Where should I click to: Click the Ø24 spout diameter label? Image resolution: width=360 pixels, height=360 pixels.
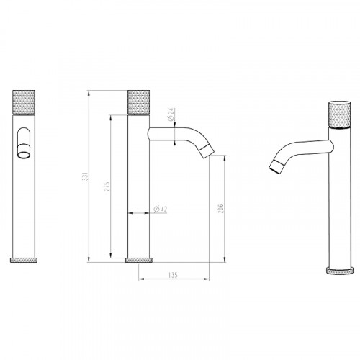pyautogui.click(x=171, y=114)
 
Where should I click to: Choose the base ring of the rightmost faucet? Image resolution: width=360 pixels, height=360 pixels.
pyautogui.click(x=336, y=271)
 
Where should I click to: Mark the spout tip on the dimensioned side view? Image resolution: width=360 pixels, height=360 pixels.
pyautogui.click(x=207, y=150)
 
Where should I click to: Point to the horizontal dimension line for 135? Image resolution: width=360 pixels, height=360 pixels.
pyautogui.click(x=173, y=279)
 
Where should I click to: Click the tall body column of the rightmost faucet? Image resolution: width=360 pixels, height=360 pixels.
pyautogui.click(x=336, y=202)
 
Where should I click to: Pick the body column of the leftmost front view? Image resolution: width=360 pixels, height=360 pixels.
pyautogui.click(x=23, y=202)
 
